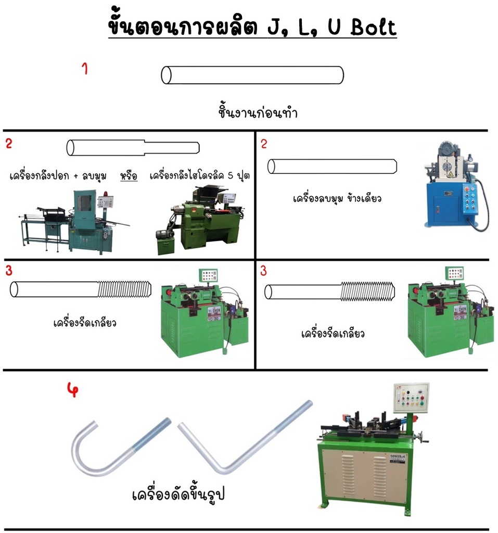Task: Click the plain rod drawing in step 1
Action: click(252, 75)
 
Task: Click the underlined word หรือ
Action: click(128, 176)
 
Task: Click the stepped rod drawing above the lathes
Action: click(133, 147)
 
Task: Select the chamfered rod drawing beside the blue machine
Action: click(332, 167)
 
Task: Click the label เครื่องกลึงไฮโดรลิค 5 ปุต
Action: click(199, 176)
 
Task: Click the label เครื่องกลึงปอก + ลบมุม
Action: click(58, 176)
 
